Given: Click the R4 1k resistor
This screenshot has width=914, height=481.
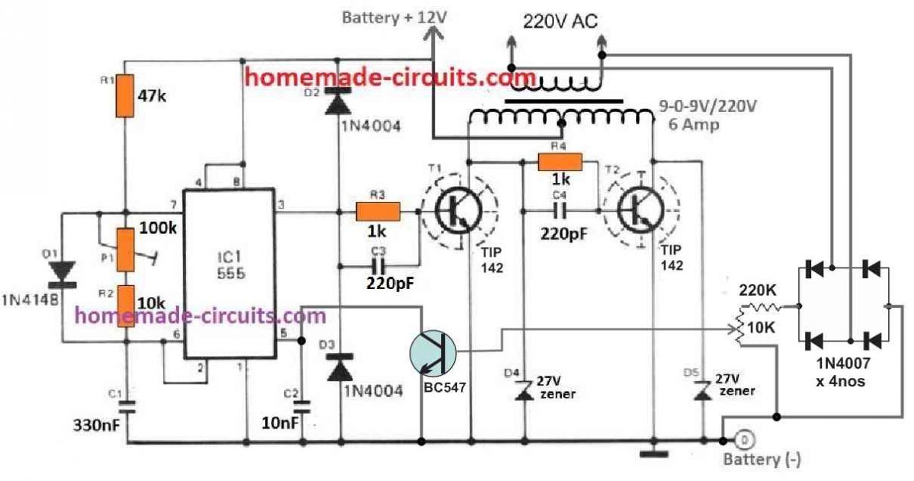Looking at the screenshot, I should [560, 161].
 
